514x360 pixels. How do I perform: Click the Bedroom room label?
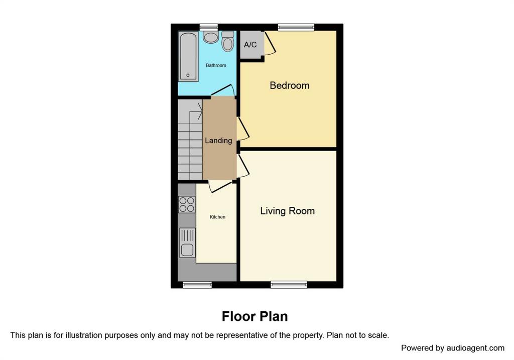[290, 85]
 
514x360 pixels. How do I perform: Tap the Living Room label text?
[288, 211]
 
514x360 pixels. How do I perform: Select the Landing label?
[218, 141]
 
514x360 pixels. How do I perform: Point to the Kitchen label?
[217, 217]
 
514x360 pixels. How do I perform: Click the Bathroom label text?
[216, 66]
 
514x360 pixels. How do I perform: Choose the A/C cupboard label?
[250, 45]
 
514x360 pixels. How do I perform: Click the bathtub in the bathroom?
[188, 56]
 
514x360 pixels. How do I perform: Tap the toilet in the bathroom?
[228, 42]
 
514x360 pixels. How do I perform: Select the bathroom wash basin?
[210, 37]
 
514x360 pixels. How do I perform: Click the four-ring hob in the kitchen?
[187, 204]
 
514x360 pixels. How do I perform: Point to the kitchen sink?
[187, 243]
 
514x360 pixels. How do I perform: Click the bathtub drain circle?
[188, 75]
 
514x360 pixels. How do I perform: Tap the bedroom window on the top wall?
[296, 27]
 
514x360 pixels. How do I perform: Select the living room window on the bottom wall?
[289, 285]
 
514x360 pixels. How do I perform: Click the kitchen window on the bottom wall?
[197, 285]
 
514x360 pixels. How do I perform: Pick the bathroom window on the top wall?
[209, 27]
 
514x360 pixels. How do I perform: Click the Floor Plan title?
[254, 316]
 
